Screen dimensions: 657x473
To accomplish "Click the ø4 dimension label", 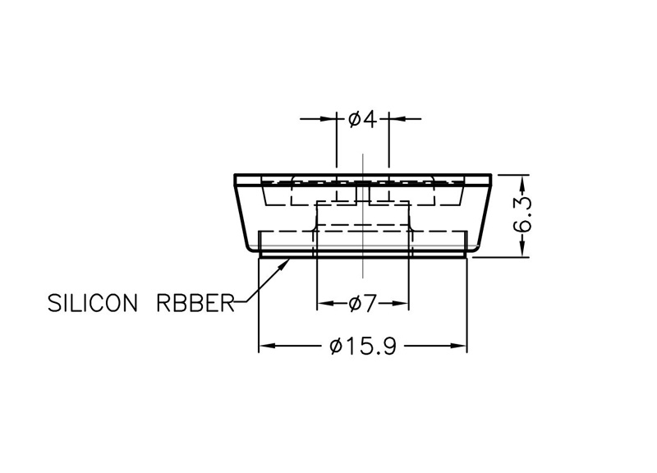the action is tap(363, 120).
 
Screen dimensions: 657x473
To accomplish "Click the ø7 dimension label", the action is tap(363, 303).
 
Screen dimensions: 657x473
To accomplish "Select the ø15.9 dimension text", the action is tap(363, 346).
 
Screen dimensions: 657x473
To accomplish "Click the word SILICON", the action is tap(93, 303).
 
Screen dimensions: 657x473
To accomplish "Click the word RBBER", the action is tap(195, 303).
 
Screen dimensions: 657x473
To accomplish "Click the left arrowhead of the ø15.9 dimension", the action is tap(267, 346).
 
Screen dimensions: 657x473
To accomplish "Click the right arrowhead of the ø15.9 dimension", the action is tap(458, 346).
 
